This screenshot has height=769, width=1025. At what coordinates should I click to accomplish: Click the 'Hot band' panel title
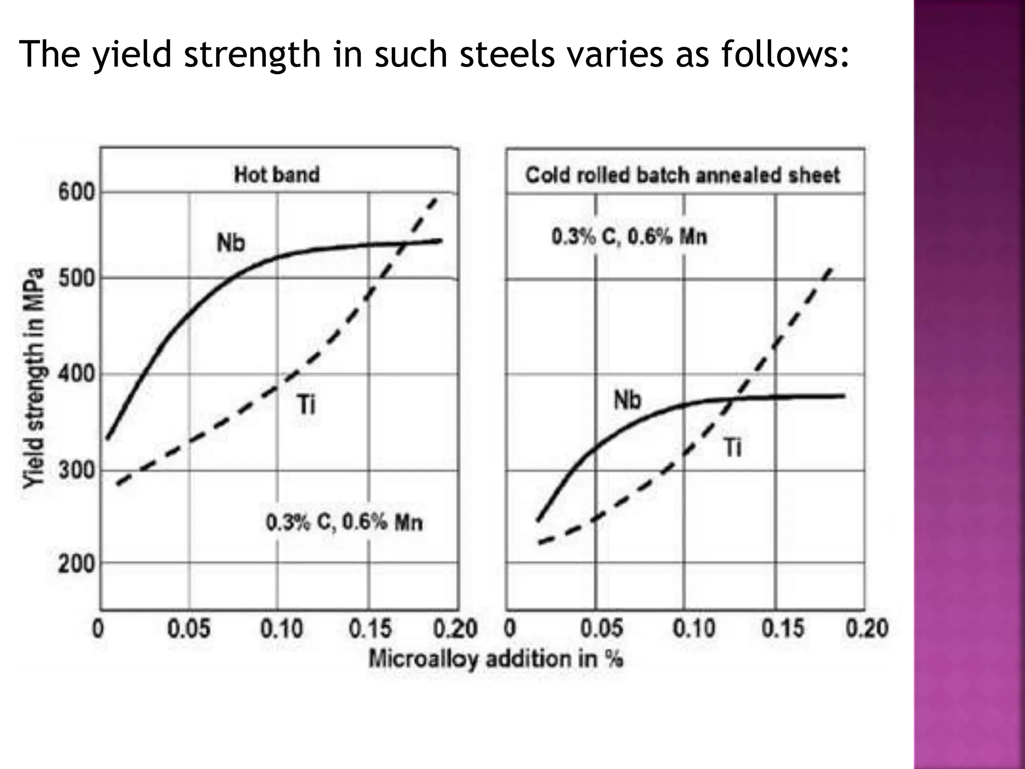click(x=276, y=175)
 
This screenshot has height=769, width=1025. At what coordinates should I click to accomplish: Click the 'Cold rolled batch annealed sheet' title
click(x=682, y=175)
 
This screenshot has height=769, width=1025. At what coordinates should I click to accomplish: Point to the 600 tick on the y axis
click(x=76, y=192)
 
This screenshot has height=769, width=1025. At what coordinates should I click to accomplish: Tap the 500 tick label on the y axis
click(x=76, y=278)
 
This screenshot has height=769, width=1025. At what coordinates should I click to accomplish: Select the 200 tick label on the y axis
click(x=76, y=564)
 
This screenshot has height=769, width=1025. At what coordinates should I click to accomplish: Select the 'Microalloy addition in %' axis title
click(x=495, y=659)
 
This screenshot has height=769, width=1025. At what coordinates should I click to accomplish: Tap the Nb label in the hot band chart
click(x=231, y=243)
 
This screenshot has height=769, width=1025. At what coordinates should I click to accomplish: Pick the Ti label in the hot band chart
click(x=306, y=405)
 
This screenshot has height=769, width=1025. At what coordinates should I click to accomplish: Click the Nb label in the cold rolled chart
click(x=627, y=400)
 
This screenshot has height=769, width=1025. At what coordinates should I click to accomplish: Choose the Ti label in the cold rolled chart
click(x=733, y=447)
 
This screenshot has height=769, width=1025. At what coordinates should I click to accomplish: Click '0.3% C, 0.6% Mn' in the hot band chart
click(x=344, y=523)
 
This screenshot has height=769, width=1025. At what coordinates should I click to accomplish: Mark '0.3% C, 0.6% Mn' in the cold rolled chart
click(x=629, y=236)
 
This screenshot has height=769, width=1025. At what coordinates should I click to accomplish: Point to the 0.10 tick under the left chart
click(x=281, y=628)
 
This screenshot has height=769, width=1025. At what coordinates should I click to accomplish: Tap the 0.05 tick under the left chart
click(x=189, y=628)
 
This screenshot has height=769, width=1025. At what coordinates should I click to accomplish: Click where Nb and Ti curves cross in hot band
click(x=403, y=244)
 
